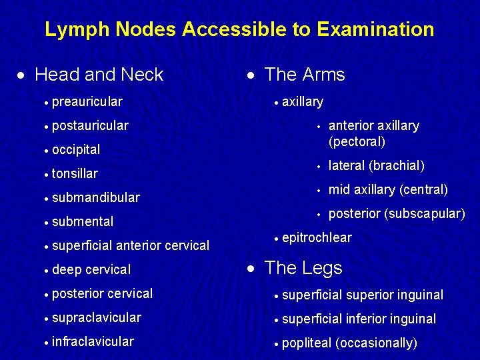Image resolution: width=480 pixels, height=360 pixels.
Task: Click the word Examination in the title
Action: coord(375,29)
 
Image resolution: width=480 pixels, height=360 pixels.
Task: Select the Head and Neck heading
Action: coord(99,75)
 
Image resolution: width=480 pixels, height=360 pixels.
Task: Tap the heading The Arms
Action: coord(305,75)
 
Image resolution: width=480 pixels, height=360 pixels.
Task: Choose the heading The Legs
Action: coord(303,268)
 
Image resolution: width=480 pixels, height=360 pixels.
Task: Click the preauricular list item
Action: coord(87,101)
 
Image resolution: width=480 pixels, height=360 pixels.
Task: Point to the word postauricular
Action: coord(90,125)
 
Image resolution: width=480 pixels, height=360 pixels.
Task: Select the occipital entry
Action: coord(76,149)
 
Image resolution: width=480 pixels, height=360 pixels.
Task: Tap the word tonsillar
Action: coord(75,173)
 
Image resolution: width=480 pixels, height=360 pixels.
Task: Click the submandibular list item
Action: coord(95,197)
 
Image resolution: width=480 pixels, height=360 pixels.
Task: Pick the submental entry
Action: coord(83,221)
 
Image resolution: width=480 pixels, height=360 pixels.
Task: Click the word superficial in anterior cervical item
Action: coord(82,245)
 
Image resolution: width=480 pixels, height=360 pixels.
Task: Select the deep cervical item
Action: coord(91,269)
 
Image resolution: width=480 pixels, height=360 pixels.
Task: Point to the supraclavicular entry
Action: coord(96,317)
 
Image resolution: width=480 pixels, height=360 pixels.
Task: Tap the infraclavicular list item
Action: coord(93,341)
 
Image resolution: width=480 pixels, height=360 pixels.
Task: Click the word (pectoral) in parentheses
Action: coord(357,141)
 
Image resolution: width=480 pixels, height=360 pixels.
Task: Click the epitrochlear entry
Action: coord(317,237)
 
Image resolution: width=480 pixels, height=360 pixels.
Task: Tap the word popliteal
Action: coord(307,343)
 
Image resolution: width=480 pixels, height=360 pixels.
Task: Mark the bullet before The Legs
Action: coord(249,269)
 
